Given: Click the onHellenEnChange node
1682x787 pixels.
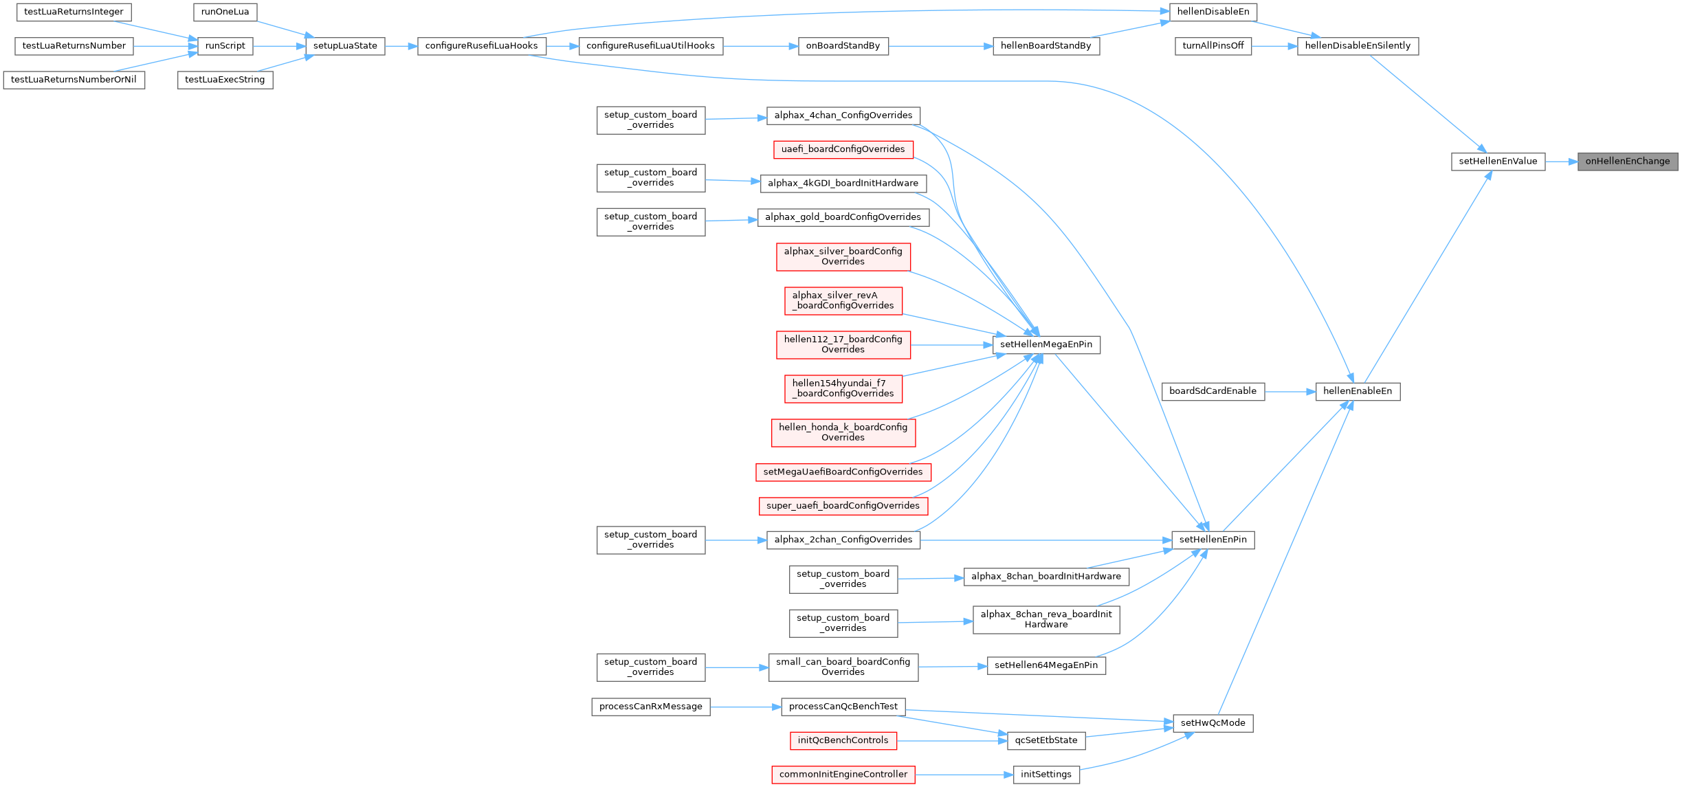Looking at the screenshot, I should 1627,162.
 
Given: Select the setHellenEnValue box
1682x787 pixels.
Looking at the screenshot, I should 1498,162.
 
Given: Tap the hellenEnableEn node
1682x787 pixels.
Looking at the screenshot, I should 1357,391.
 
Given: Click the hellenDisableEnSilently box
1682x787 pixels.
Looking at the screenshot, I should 1357,46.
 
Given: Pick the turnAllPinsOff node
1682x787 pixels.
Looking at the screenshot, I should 1213,46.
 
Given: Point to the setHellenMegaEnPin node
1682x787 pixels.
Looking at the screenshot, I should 1045,344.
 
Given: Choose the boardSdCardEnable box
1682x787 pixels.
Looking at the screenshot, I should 1213,391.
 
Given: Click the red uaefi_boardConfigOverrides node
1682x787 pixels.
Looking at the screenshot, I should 843,149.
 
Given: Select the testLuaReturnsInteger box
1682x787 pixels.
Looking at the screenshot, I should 74,12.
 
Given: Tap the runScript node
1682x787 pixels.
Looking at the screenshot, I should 225,46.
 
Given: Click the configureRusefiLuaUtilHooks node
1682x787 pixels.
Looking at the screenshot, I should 650,46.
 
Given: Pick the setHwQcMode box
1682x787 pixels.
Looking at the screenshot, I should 1213,723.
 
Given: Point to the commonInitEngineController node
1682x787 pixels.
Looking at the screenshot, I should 843,775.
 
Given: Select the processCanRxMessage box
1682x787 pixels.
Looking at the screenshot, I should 650,707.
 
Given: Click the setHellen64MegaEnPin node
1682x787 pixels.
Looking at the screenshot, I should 1045,665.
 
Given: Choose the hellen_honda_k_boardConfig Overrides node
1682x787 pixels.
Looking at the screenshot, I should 843,432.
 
